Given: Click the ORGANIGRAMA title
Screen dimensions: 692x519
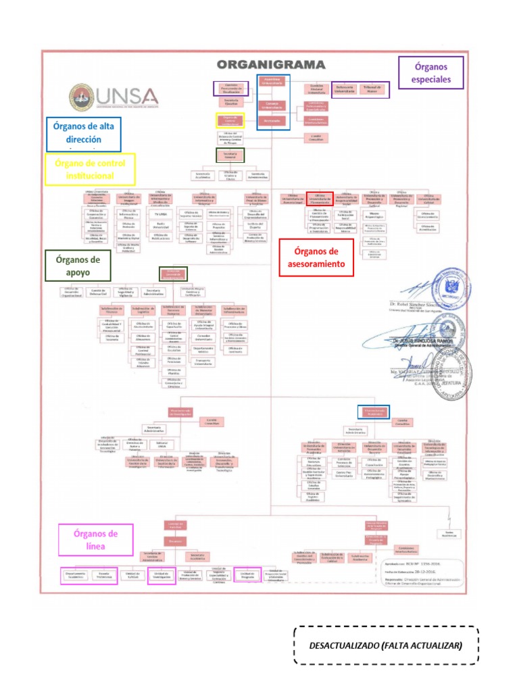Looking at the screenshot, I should tap(271, 64).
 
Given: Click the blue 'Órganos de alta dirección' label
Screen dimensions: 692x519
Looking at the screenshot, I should tap(84, 134).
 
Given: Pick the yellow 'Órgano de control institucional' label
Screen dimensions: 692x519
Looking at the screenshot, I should tap(90, 169).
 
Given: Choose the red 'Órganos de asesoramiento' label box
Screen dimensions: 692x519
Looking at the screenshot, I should tap(316, 258).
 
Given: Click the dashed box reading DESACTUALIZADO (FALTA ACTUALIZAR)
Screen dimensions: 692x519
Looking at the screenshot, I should tap(386, 645).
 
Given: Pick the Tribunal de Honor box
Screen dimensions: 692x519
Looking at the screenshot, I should tap(369, 88).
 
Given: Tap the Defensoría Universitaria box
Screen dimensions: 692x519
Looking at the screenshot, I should tap(345, 88).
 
